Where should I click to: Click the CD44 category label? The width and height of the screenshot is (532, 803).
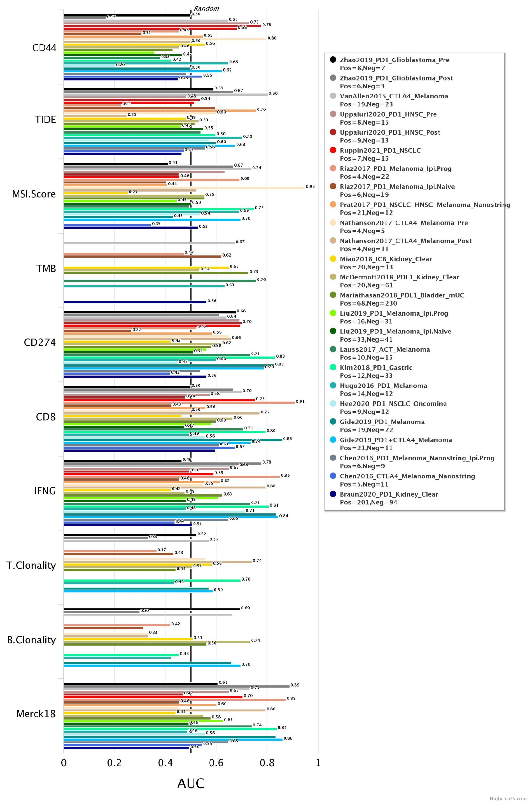coord(44,48)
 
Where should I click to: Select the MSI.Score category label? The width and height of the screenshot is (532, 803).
coord(34,194)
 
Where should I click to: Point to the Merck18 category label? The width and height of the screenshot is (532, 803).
coord(36,714)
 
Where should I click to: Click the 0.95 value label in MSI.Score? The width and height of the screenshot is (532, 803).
coord(310,187)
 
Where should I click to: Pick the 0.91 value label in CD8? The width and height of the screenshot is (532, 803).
coord(300,401)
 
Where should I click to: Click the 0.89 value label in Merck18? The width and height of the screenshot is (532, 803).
coord(295,685)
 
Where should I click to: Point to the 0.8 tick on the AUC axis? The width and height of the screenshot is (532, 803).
coord(267,763)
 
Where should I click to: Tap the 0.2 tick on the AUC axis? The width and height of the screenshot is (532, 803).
coord(114,763)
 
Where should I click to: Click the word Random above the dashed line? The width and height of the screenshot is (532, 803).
coord(206,8)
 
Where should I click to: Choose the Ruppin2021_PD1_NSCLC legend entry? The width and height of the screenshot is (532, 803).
coord(380,150)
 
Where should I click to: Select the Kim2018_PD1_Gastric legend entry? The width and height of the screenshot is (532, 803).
coord(376,367)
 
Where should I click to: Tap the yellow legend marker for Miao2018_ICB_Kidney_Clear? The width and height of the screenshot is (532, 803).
coord(333,259)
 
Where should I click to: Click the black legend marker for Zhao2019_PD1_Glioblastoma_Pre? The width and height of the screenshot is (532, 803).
coord(333,60)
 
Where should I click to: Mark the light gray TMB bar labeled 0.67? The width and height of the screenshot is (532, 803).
coord(149,243)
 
